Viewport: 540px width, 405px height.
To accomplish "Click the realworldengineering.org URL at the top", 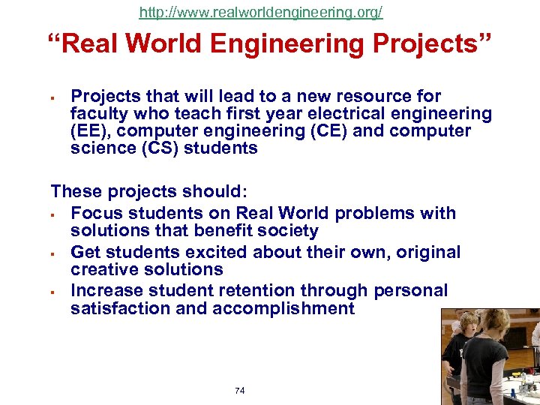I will [x=261, y=13].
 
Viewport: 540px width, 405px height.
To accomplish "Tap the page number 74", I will [x=240, y=391].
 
